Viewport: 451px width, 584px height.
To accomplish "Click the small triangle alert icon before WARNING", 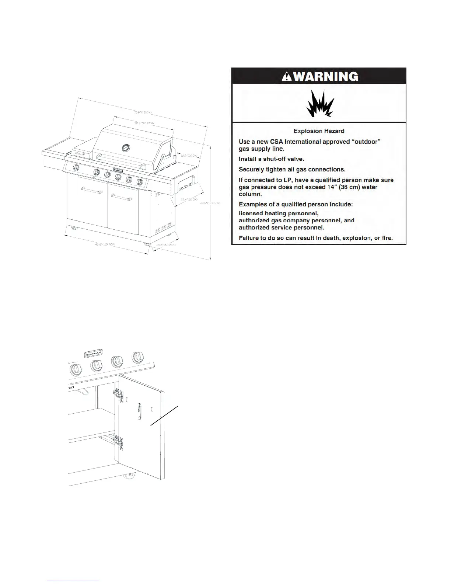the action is tap(286, 76).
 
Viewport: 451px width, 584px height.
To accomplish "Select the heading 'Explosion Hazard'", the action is tap(319, 131).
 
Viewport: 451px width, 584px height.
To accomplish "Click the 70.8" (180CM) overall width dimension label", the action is tap(143, 112).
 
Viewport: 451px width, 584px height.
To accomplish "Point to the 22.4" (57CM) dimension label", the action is tap(188, 199).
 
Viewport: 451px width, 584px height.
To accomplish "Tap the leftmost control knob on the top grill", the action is tap(76, 168).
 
